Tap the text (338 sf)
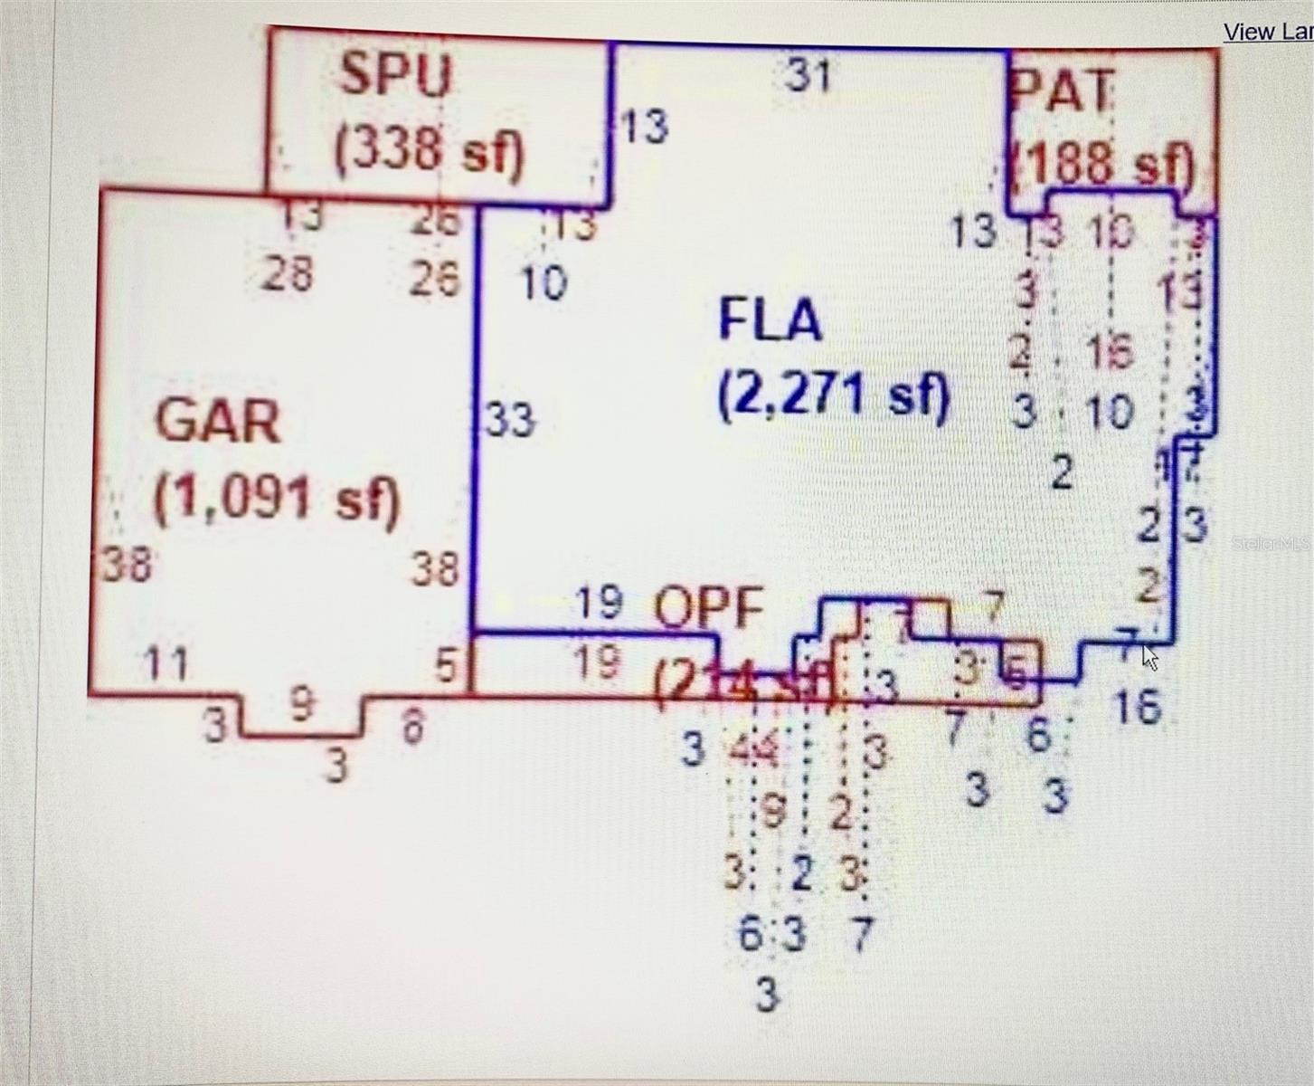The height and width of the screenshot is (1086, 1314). pyautogui.click(x=429, y=151)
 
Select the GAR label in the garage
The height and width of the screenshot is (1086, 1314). pyautogui.click(x=218, y=421)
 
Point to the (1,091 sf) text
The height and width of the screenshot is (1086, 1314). pyautogui.click(x=276, y=499)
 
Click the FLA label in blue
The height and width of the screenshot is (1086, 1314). pyautogui.click(x=770, y=319)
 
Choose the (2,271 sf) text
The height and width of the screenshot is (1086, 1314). pyautogui.click(x=833, y=396)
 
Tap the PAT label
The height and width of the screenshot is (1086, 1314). pyautogui.click(x=1062, y=90)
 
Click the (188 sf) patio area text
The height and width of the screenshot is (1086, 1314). pyautogui.click(x=1105, y=164)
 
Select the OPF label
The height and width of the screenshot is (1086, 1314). pyautogui.click(x=708, y=609)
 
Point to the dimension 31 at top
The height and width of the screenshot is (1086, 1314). pyautogui.click(x=808, y=75)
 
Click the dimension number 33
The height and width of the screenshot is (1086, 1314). pyautogui.click(x=510, y=420)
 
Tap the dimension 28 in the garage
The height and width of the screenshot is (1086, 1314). pyautogui.click(x=288, y=274)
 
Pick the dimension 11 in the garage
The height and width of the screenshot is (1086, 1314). pyautogui.click(x=166, y=664)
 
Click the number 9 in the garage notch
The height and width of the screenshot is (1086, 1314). pyautogui.click(x=302, y=702)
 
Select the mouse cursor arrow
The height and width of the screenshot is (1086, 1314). pyautogui.click(x=1149, y=657)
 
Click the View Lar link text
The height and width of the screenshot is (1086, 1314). pyautogui.click(x=1267, y=32)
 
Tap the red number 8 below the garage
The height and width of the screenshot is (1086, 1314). pyautogui.click(x=412, y=726)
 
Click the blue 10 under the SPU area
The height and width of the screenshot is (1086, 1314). pyautogui.click(x=544, y=282)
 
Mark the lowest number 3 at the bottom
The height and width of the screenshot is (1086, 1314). pyautogui.click(x=766, y=995)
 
